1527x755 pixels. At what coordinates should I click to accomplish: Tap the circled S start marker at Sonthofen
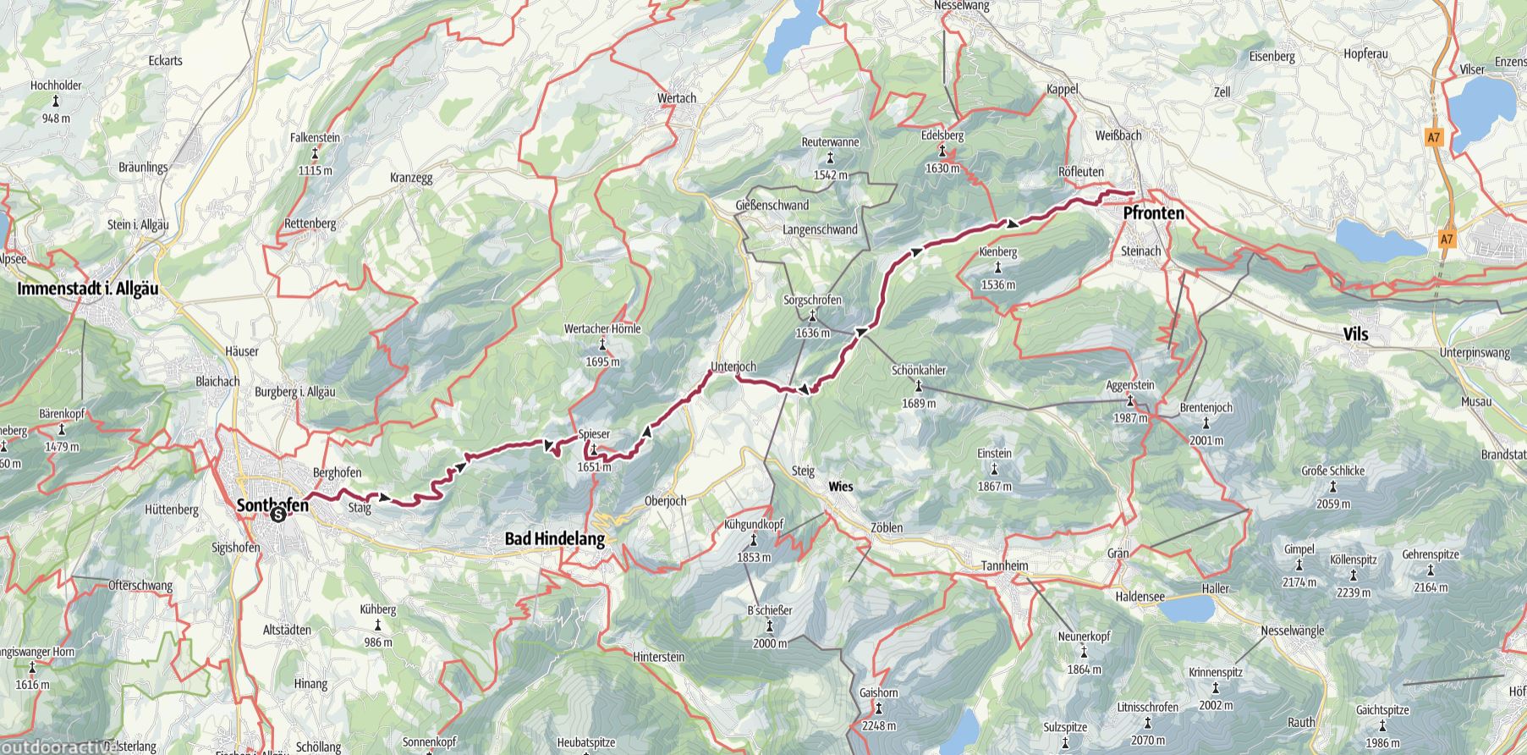tap(277, 514)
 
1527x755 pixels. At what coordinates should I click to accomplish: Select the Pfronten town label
tap(1153, 213)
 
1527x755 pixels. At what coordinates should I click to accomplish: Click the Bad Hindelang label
tap(555, 538)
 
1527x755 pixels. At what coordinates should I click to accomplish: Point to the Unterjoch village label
tap(733, 366)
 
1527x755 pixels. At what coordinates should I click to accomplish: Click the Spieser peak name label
tap(593, 434)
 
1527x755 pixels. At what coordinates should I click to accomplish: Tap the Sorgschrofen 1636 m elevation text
tap(812, 333)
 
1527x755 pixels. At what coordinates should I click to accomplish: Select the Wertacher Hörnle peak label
tap(601, 329)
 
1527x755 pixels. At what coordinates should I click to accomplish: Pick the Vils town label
tap(1355, 335)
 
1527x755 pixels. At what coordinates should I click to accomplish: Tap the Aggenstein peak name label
tap(1129, 386)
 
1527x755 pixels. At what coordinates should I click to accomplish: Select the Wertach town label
tap(677, 98)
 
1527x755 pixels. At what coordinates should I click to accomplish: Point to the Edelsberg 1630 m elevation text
tap(942, 168)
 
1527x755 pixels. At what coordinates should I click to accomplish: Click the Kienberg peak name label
tap(997, 252)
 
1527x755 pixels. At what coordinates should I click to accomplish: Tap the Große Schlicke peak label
tap(1332, 471)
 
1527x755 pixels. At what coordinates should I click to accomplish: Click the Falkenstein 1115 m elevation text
tap(315, 171)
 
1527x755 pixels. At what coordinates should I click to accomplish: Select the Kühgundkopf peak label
tap(753, 525)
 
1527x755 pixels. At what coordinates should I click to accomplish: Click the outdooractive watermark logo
tap(58, 747)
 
